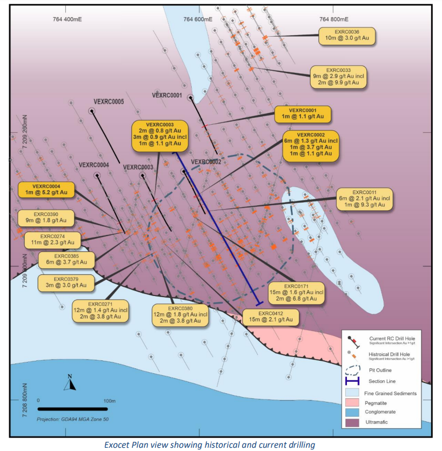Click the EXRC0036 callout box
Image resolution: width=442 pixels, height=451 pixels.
[347, 36]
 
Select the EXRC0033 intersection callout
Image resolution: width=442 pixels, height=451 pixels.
[338, 77]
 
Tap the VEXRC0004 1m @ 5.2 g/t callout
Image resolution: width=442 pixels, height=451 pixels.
[46, 190]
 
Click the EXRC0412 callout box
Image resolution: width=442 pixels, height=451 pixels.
[271, 317]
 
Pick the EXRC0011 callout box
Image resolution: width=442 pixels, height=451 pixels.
[364, 199]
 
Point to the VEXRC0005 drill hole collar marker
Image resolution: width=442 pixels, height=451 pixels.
[91, 111]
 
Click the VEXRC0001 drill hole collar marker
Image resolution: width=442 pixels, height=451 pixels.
[190, 98]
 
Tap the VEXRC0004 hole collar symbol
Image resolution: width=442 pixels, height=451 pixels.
[97, 175]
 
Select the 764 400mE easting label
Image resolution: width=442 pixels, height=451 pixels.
[67, 19]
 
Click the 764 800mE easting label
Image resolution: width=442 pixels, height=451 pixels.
[334, 19]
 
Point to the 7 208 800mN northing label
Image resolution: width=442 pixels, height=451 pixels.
[25, 400]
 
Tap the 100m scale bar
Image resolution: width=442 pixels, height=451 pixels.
[72, 409]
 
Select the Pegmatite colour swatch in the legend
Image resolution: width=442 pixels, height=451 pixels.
[352, 403]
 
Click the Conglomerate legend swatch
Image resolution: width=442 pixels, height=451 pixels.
[352, 412]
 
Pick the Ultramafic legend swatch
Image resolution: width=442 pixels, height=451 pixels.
[352, 422]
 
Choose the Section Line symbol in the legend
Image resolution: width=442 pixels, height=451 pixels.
[352, 381]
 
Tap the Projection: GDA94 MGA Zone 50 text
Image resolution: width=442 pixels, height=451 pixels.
[72, 419]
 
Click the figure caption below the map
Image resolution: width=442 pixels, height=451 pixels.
[210, 445]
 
